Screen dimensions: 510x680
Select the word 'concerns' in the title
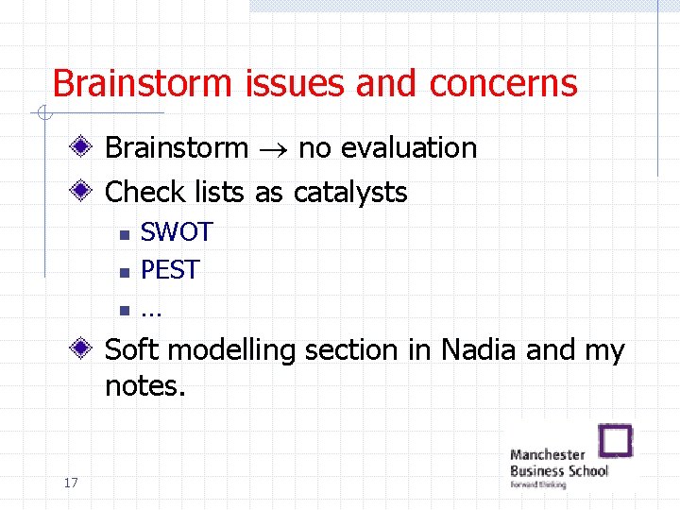click(x=502, y=83)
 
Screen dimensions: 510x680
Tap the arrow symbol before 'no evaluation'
click(x=273, y=149)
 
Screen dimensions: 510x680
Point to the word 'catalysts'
click(x=350, y=193)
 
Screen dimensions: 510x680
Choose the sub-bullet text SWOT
click(x=177, y=232)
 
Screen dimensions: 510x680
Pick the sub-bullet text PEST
click(x=170, y=270)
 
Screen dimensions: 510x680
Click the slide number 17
click(x=70, y=484)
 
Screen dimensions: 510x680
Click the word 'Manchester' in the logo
click(x=548, y=454)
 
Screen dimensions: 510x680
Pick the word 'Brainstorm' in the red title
click(x=144, y=83)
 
